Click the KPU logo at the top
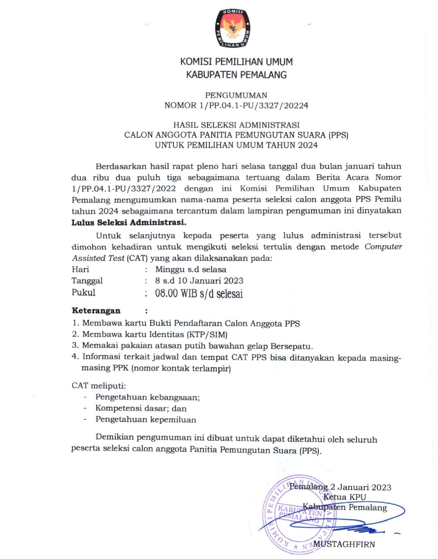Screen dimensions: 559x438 tap(233, 28)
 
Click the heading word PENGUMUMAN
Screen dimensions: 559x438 tap(236, 95)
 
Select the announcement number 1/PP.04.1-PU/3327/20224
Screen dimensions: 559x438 tap(254, 105)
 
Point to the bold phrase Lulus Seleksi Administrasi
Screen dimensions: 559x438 tap(129, 222)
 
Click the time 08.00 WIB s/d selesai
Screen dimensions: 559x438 tap(199, 293)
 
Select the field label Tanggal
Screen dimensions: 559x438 tap(87, 281)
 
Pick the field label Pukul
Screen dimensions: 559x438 tap(83, 292)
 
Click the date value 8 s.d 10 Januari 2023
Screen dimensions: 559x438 tap(199, 281)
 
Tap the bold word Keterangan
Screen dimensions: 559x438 tap(96, 311)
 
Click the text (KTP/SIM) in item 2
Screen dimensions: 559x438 tap(207, 334)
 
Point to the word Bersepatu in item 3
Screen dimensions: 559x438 tap(292, 346)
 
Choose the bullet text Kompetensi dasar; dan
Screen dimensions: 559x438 tap(141, 408)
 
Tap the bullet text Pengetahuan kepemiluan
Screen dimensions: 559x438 tap(146, 420)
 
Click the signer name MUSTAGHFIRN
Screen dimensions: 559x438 tap(344, 544)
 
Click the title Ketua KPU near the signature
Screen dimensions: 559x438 tap(345, 497)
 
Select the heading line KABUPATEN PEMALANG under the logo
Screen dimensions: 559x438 tap(236, 75)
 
